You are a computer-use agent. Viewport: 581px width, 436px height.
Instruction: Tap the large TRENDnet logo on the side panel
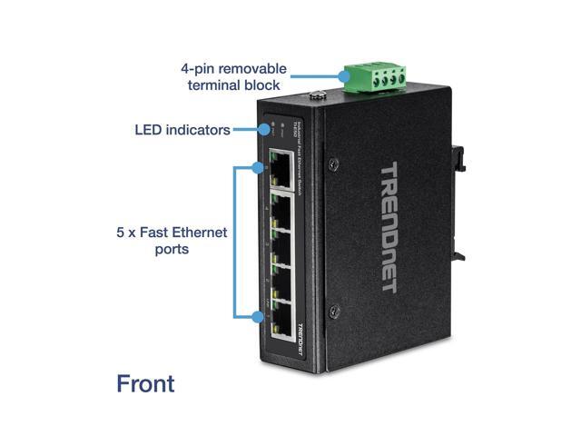(388, 227)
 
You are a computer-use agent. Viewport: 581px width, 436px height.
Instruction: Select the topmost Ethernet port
(282, 167)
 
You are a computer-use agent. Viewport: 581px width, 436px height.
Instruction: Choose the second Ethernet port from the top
(283, 204)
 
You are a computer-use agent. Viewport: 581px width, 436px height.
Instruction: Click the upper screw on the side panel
(334, 164)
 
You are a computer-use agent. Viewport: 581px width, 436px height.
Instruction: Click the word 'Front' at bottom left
(145, 383)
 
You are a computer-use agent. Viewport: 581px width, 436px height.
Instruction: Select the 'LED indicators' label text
(182, 130)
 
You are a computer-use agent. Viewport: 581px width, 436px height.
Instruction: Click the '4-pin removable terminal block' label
(233, 77)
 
